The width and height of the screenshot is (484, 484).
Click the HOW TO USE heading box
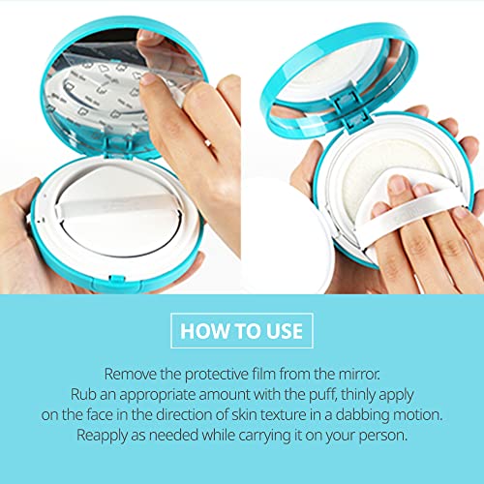[241, 331]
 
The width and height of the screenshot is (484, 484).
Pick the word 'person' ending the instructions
[373, 437]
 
